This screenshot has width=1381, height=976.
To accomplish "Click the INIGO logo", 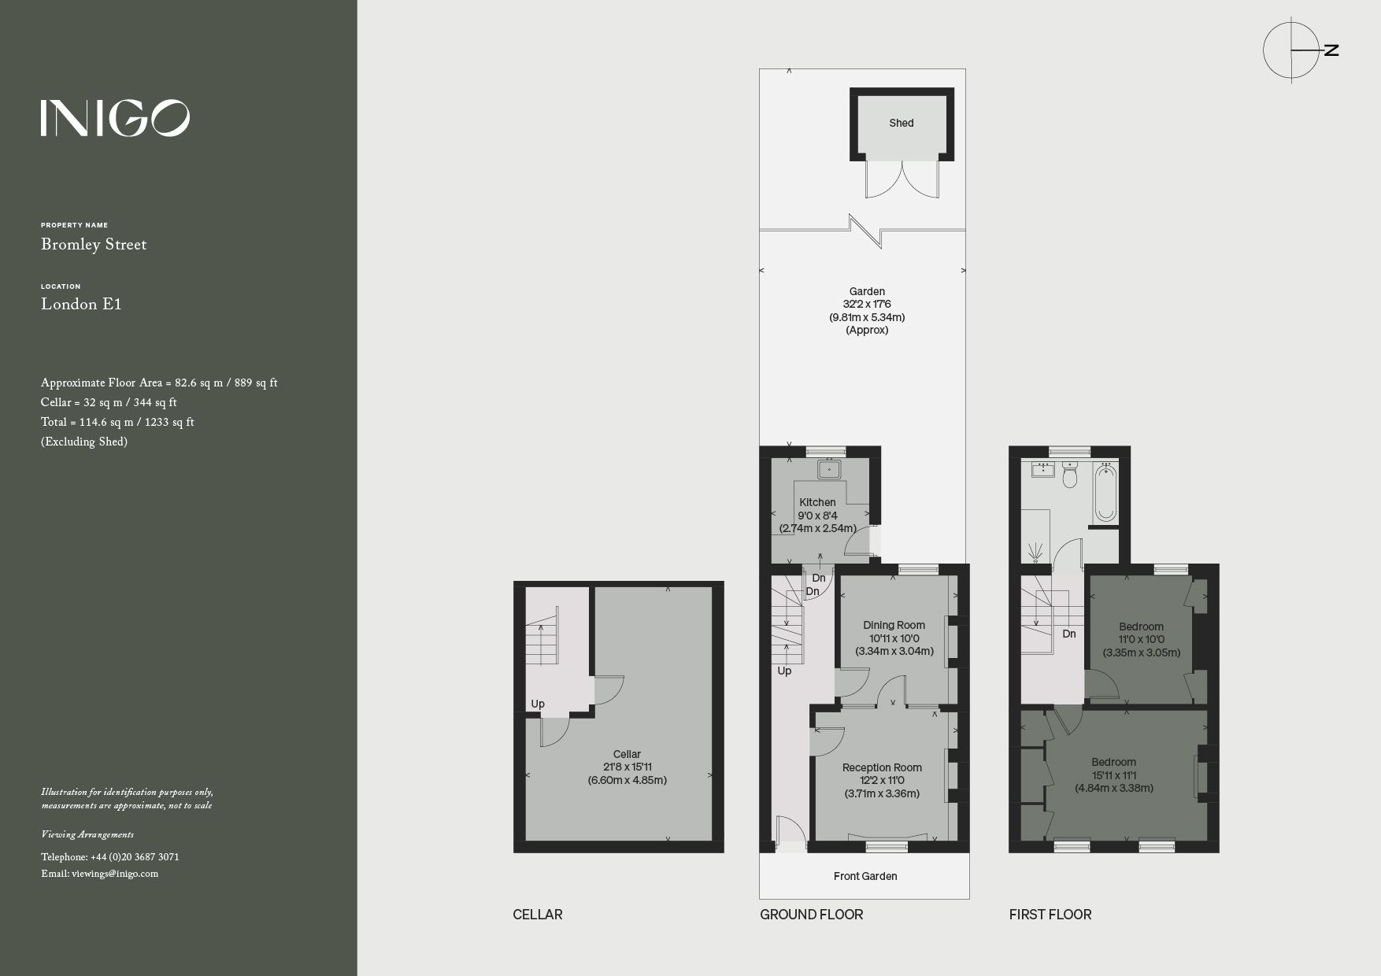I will (115, 118).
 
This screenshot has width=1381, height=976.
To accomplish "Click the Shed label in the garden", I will (902, 123).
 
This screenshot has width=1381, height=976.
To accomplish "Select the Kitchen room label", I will (817, 502).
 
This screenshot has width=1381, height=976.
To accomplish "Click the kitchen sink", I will (829, 470).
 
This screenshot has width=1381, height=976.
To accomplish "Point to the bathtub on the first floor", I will (1105, 493).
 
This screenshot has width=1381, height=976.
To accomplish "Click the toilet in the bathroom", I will (1070, 475).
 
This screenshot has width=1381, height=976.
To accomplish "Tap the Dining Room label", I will (894, 626).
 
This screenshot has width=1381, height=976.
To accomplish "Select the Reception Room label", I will (882, 767).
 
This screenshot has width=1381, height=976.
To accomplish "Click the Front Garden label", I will (865, 876).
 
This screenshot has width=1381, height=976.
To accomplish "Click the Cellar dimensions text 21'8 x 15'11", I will (627, 767).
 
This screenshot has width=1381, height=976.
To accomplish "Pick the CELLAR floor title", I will (538, 915).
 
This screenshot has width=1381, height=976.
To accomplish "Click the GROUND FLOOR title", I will (811, 915).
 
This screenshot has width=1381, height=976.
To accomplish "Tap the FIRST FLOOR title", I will (1050, 915).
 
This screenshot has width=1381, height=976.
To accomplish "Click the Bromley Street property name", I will (94, 245).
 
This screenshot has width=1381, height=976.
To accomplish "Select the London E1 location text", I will (81, 305).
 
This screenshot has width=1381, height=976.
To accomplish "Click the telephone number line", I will (110, 856).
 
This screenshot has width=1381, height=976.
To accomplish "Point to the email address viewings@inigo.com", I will (100, 874).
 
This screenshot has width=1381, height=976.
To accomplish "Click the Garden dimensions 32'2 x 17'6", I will (866, 304).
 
